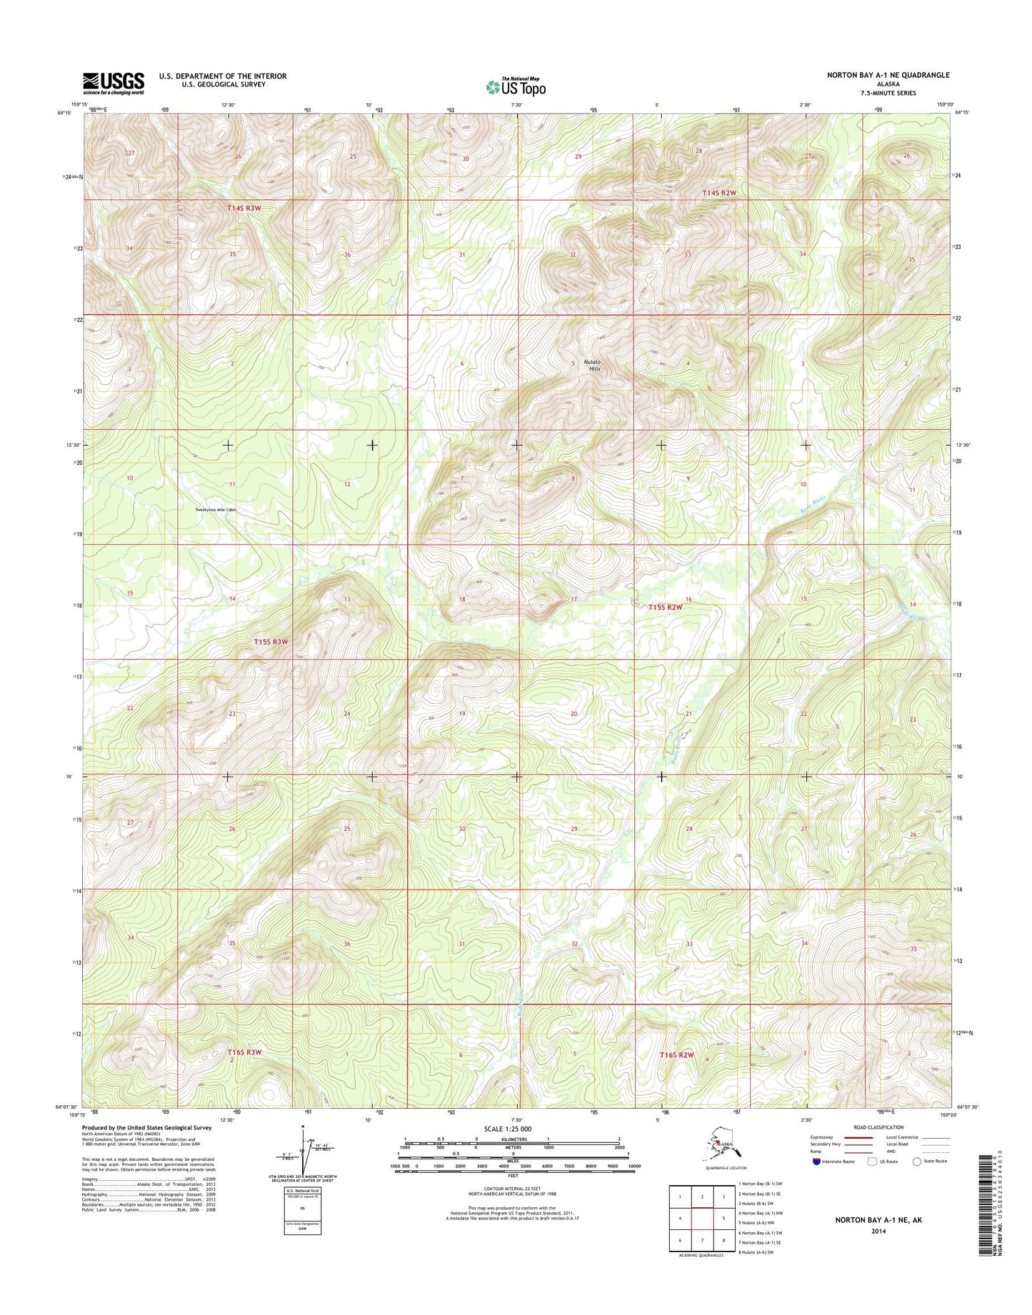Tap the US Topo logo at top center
(x=516, y=86)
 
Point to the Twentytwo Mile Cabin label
(x=215, y=510)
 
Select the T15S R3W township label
(x=271, y=642)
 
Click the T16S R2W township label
(x=676, y=1054)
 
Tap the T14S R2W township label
(x=718, y=193)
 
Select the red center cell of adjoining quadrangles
(x=703, y=1219)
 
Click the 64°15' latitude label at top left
(x=64, y=112)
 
